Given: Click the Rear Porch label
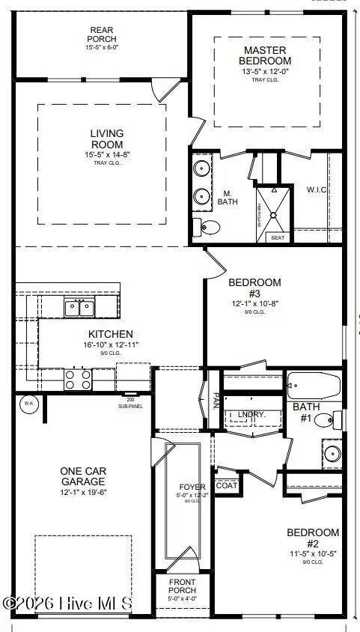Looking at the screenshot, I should (x=101, y=35).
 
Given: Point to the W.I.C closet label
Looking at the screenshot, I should (x=316, y=189).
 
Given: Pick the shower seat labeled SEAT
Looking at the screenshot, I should (x=278, y=237).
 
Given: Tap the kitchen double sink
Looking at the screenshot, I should (x=79, y=307).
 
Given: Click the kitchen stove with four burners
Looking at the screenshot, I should (x=78, y=380).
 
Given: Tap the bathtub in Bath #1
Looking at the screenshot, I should (x=314, y=386).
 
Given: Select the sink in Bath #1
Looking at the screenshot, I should (x=332, y=452).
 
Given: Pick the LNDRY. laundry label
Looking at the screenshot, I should (x=247, y=414).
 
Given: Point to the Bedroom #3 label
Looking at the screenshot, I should (x=254, y=288).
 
